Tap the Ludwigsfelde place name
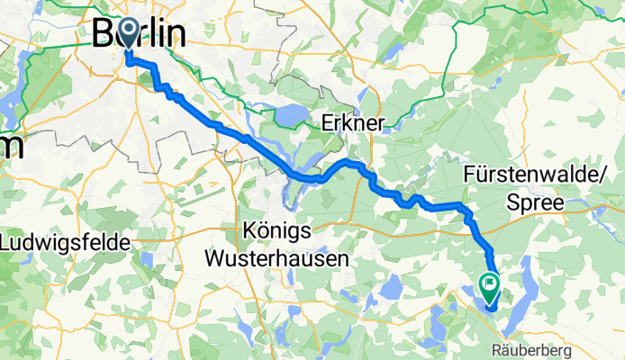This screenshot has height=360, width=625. pyautogui.click(x=65, y=243)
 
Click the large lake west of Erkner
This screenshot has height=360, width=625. pyautogui.click(x=287, y=116)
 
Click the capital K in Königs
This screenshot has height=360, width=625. pyautogui.click(x=253, y=228)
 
